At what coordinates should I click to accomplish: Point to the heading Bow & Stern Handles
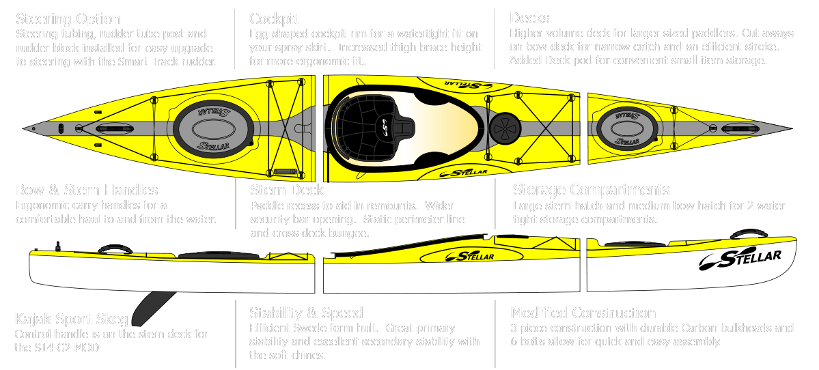coord(87,190)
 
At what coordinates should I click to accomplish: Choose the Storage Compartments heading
coord(591,190)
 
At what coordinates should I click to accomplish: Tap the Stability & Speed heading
coord(306,313)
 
